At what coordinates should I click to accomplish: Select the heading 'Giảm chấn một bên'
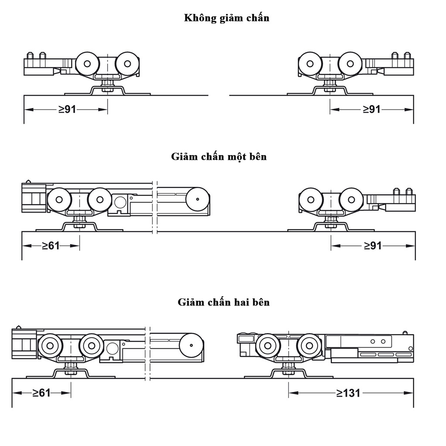pyautogui.click(x=219, y=157)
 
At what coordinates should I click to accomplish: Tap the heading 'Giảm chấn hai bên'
pyautogui.click(x=223, y=302)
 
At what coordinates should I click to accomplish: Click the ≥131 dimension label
pyautogui.click(x=348, y=393)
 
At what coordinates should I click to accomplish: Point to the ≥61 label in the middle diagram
pyautogui.click(x=51, y=246)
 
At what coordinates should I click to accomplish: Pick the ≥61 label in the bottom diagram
pyautogui.click(x=41, y=393)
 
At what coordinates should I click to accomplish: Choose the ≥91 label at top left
pyautogui.click(x=68, y=109)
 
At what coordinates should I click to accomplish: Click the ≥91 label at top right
pyautogui.click(x=372, y=109)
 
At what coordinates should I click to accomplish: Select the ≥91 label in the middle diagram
pyautogui.click(x=373, y=246)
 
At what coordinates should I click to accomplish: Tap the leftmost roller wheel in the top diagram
pyautogui.click(x=87, y=64)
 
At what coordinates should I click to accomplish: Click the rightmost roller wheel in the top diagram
pyautogui.click(x=351, y=64)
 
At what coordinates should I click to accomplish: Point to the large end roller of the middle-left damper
pyautogui.click(x=197, y=199)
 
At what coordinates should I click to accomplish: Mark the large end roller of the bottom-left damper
pyautogui.click(x=191, y=345)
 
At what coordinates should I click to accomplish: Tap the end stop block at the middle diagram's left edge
pyautogui.click(x=34, y=198)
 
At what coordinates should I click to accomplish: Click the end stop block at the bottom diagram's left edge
pyautogui.click(x=24, y=344)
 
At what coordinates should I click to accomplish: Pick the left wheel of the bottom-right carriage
pyautogui.click(x=268, y=345)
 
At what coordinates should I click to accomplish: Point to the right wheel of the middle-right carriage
pyautogui.click(x=351, y=199)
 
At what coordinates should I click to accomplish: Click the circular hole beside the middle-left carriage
pyautogui.click(x=120, y=202)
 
